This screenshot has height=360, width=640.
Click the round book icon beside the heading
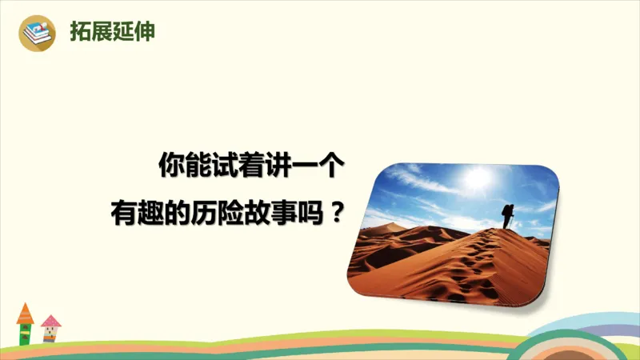click(x=38, y=33)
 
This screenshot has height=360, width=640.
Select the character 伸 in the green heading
click(x=145, y=33)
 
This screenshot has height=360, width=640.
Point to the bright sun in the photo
click(x=478, y=178)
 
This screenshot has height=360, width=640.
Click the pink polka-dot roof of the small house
click(x=51, y=322)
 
